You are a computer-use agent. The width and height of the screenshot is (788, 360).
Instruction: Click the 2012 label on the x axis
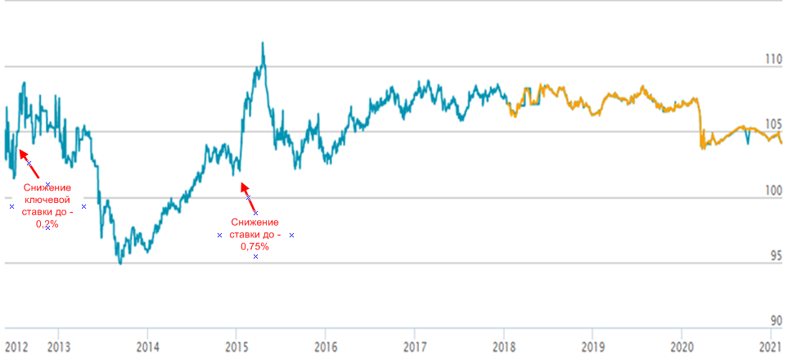coord(16,345)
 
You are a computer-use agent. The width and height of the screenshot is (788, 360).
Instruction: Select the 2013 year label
coord(59,345)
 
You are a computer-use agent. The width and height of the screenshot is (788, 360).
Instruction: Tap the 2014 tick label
coord(147,345)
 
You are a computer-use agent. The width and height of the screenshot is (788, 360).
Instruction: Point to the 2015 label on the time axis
coord(236,345)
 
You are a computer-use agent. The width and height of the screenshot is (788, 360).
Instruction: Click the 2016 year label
coord(326,345)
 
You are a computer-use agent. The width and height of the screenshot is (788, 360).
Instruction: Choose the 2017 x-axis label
coord(415,345)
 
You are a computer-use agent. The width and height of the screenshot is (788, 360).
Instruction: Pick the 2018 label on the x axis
coord(504,345)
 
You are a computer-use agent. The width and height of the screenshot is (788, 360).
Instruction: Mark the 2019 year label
coord(593,345)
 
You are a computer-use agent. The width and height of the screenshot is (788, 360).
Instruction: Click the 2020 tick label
coord(682,345)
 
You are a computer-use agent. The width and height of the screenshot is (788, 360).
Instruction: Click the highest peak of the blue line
coord(263,43)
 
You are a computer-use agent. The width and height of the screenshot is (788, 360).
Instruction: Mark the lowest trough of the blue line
coord(120,263)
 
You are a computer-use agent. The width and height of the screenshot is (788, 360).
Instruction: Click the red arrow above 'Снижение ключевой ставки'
coord(25,157)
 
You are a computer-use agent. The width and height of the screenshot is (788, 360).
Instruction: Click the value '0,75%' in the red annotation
coord(255,246)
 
